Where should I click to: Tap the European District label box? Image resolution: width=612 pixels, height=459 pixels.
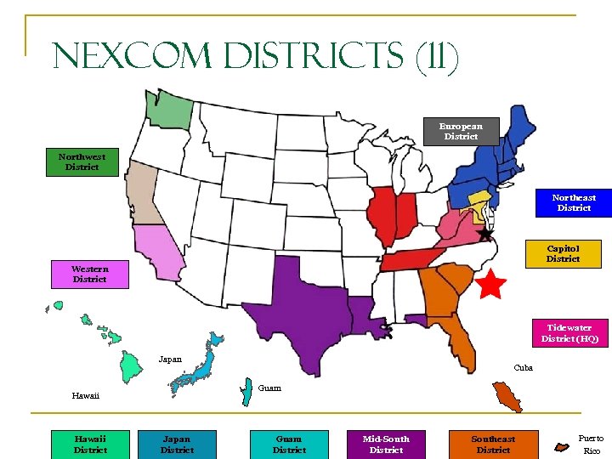460,131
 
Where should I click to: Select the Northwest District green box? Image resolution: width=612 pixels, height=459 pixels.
82,161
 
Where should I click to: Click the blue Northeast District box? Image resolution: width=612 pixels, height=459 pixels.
574,202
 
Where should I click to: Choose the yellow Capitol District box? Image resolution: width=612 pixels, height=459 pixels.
563,254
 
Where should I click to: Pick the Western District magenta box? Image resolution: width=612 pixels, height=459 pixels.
89,274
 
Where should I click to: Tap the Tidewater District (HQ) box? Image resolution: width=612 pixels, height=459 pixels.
569,333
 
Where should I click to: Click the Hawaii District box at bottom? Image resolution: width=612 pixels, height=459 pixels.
90,444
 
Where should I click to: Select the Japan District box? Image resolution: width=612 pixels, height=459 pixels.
177,444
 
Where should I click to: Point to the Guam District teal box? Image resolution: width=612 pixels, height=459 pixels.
289,444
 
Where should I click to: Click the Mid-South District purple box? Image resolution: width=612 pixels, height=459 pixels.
386,444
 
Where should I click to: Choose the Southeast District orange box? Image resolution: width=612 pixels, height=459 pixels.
493,444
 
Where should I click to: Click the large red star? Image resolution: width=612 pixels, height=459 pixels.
490,285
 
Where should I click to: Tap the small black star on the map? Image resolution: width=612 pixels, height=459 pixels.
484,233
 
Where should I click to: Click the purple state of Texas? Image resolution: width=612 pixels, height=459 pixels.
297,302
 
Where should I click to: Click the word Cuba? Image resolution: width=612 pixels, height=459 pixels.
524,368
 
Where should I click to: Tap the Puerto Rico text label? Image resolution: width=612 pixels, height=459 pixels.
591,445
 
